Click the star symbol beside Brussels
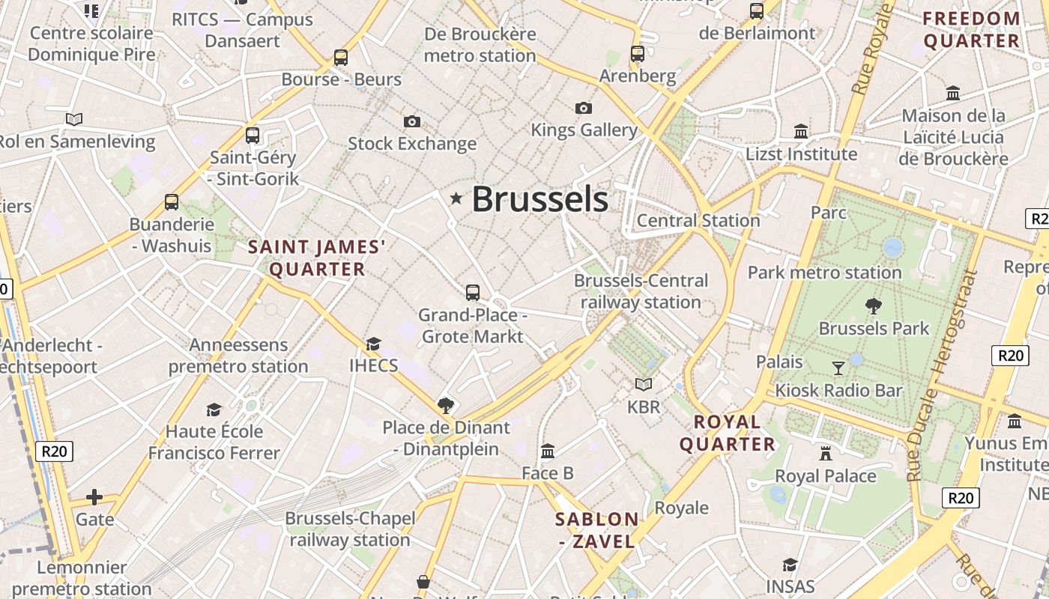[x=456, y=198]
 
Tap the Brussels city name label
[x=539, y=199]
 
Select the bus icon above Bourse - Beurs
[x=341, y=57]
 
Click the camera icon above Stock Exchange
[x=411, y=121]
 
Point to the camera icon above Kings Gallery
[x=584, y=108]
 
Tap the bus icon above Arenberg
[x=638, y=54]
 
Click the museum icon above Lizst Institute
[x=801, y=132]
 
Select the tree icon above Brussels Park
[x=873, y=305]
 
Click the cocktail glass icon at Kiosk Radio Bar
[x=838, y=368]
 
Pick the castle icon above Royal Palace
[x=826, y=453]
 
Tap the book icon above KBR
[x=644, y=384]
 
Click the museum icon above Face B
[x=548, y=451]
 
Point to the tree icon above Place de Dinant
[x=446, y=406]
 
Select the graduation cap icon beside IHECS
[x=373, y=344]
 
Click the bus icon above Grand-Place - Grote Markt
[x=473, y=293]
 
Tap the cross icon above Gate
[x=94, y=497]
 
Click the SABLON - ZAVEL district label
[x=597, y=530]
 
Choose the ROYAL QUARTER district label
[x=727, y=433]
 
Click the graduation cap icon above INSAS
[x=790, y=564]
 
